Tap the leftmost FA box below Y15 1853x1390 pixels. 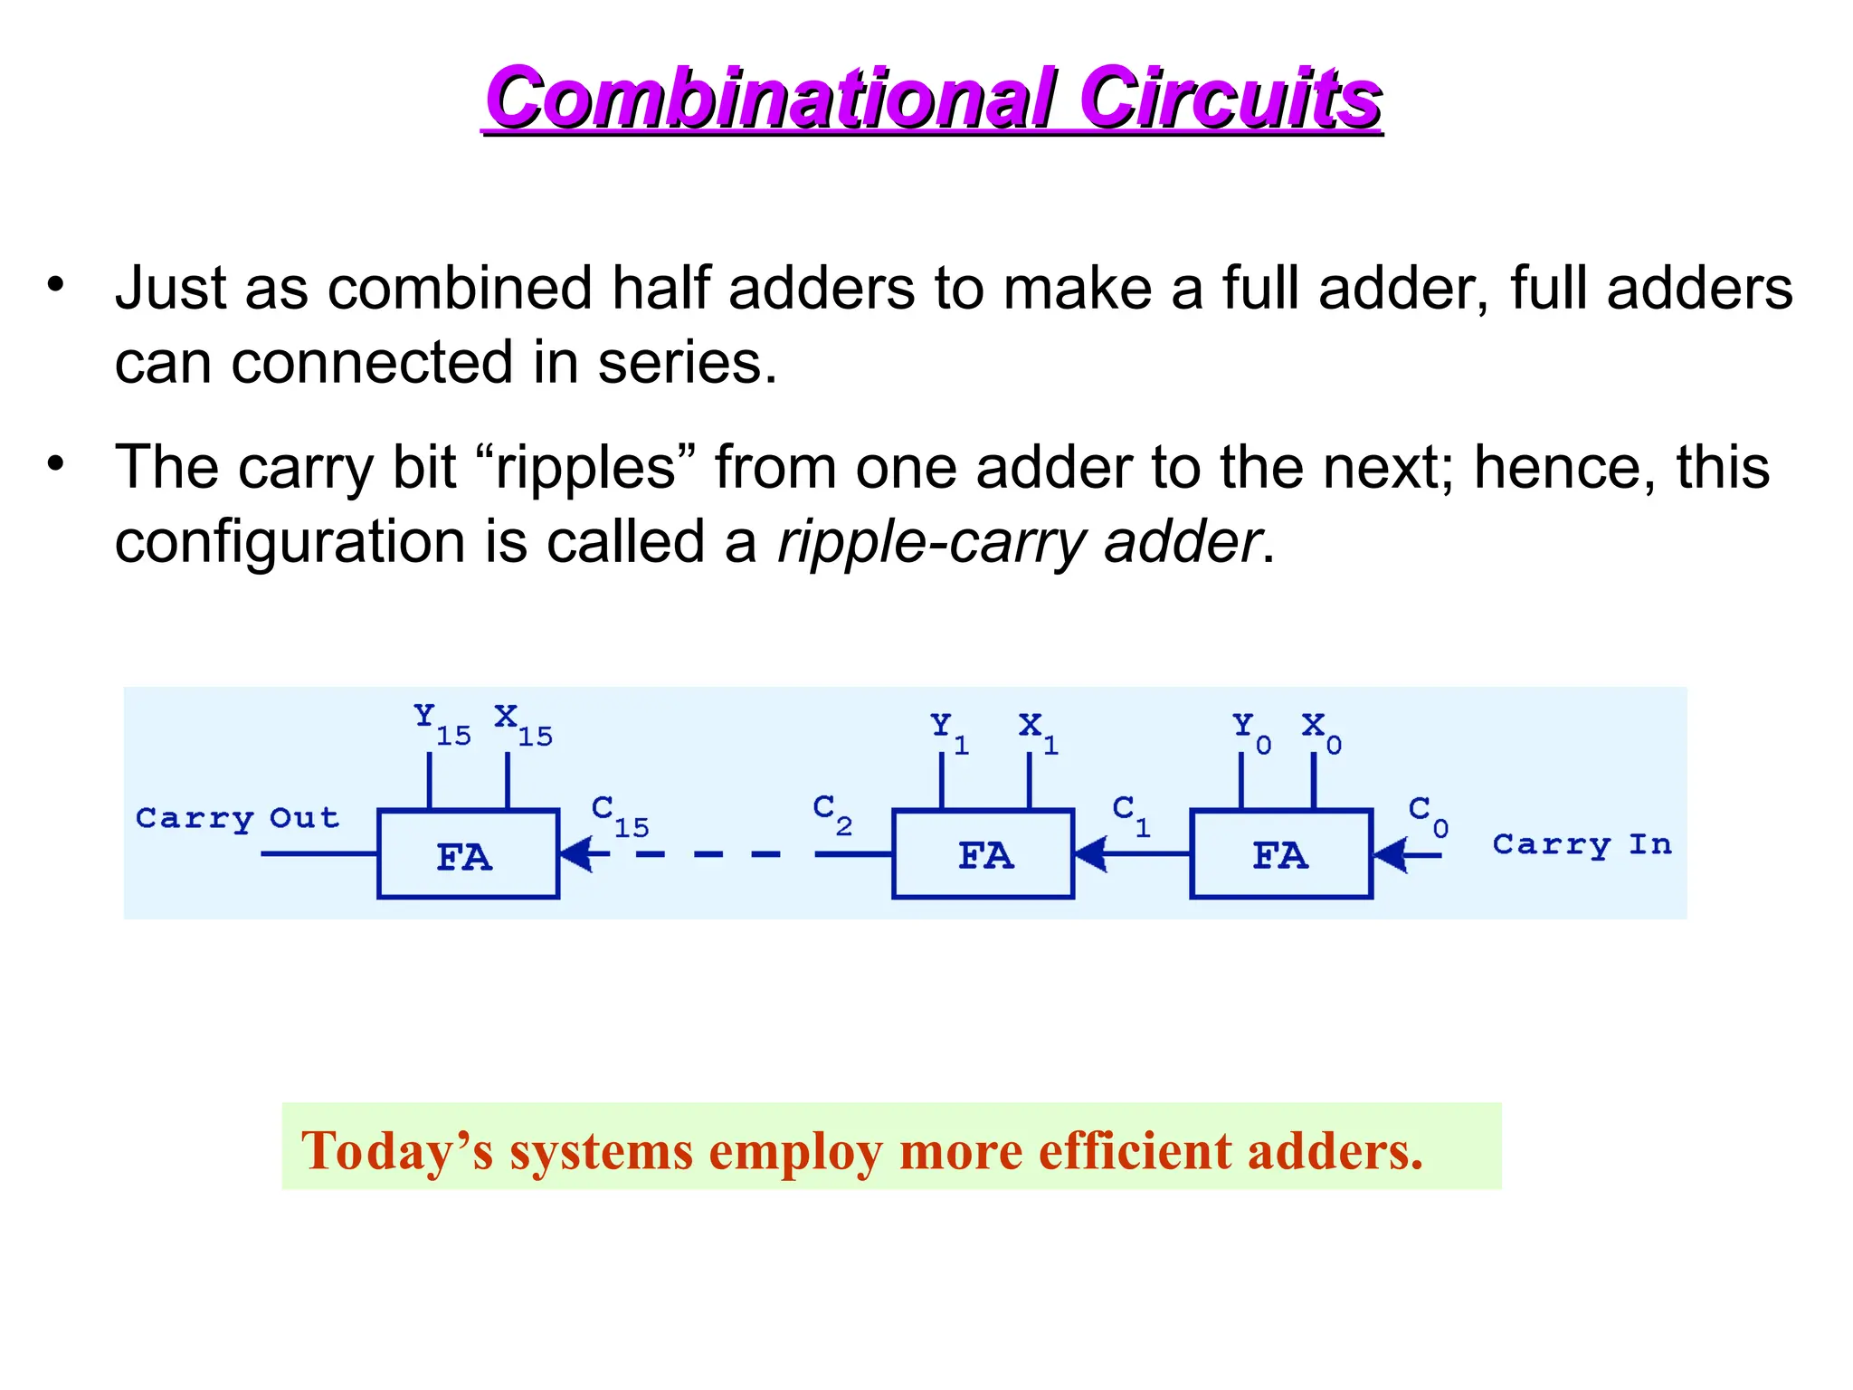468,854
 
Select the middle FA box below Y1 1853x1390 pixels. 984,854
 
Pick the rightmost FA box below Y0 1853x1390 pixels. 1281,854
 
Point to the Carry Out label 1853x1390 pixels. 237,818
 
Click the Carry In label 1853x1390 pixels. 1582,844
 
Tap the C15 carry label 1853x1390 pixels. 620,814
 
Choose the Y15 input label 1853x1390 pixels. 442,724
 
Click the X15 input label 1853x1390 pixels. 523,724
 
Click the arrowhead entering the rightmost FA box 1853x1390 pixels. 1391,854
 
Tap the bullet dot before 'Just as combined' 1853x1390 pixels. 56,284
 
